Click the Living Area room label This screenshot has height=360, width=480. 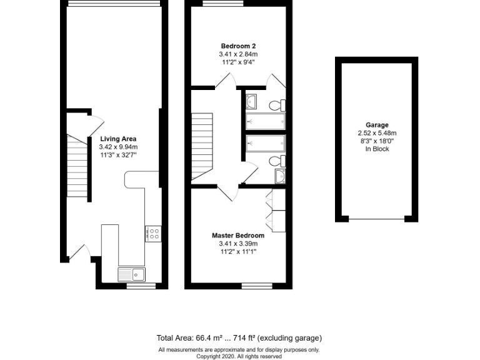click(118, 139)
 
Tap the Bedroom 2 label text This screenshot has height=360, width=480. click(238, 46)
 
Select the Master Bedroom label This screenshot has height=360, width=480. click(238, 236)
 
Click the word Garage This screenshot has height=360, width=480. click(377, 125)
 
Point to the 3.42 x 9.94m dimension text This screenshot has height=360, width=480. click(118, 147)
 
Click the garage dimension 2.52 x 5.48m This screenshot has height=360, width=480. click(377, 133)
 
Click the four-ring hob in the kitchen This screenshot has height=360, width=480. click(153, 234)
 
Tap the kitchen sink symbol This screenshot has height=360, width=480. click(131, 274)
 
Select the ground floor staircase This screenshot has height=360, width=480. click(78, 167)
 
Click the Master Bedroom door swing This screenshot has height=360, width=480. click(228, 192)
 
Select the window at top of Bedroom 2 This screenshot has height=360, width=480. click(222, 4)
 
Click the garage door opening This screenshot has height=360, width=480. click(377, 219)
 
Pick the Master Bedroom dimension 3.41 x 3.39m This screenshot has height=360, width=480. click(238, 244)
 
